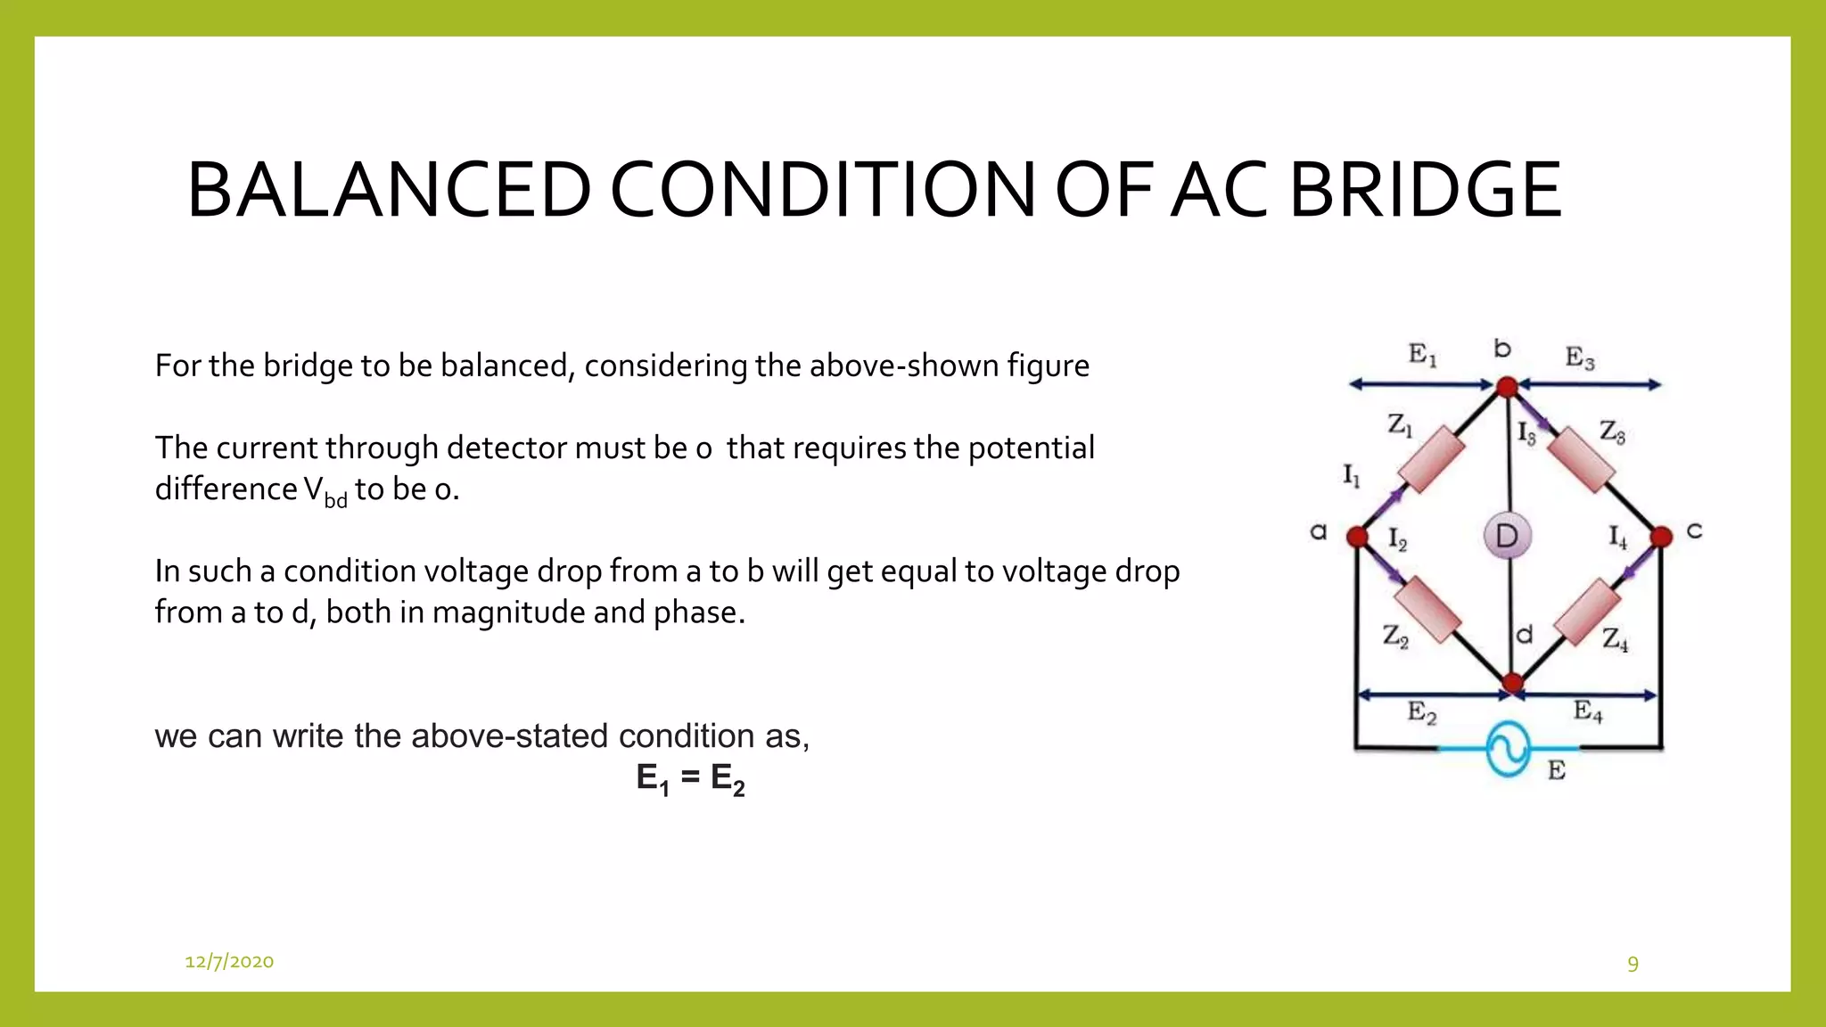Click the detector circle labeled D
pyautogui.click(x=1507, y=536)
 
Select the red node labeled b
pyautogui.click(x=1507, y=387)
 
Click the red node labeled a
pyautogui.click(x=1357, y=537)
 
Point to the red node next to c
pyautogui.click(x=1661, y=537)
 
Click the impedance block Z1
pyautogui.click(x=1431, y=458)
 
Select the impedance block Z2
pyautogui.click(x=1427, y=611)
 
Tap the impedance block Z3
pyautogui.click(x=1581, y=459)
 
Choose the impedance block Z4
pyautogui.click(x=1587, y=612)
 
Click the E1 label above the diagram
pyautogui.click(x=1422, y=355)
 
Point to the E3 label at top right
pyautogui.click(x=1580, y=358)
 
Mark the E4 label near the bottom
pyautogui.click(x=1588, y=711)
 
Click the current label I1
pyautogui.click(x=1352, y=476)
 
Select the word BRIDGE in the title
pyautogui.click(x=1425, y=190)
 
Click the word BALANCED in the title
pyautogui.click(x=389, y=190)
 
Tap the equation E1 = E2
pyautogui.click(x=690, y=778)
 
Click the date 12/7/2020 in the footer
pyautogui.click(x=229, y=961)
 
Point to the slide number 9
pyautogui.click(x=1633, y=964)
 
